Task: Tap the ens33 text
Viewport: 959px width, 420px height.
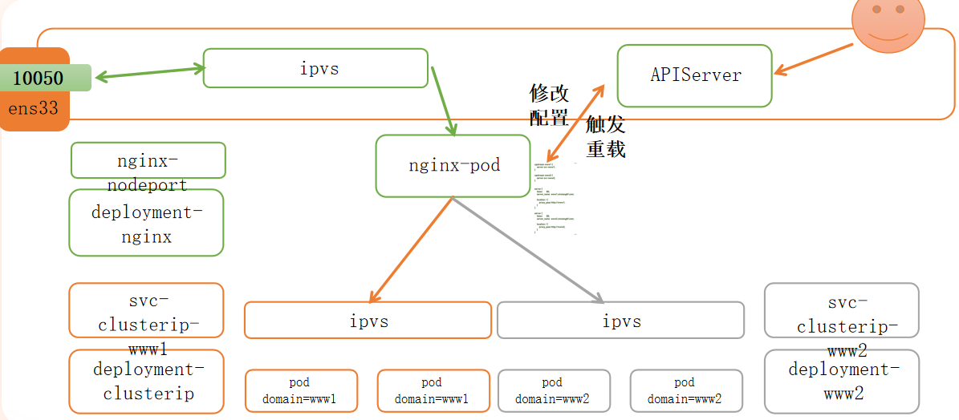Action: (x=34, y=107)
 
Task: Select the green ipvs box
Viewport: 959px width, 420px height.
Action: (x=315, y=68)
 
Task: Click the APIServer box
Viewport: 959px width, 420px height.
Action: (x=694, y=75)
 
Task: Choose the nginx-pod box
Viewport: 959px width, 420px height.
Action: (x=453, y=166)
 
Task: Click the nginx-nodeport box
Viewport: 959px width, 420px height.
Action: (x=148, y=160)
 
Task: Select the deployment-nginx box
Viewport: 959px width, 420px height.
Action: (x=146, y=223)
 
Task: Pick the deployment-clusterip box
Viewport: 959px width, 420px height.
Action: (x=146, y=382)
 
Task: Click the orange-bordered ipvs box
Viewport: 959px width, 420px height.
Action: (x=368, y=321)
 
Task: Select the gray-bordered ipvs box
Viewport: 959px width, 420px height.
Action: (x=620, y=321)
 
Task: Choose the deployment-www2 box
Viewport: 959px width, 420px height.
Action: (x=841, y=382)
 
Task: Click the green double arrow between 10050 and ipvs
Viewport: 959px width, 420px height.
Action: (x=149, y=73)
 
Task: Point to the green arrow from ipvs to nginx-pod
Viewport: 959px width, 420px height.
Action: (x=444, y=101)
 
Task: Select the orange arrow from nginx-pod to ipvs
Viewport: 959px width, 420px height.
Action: (x=411, y=250)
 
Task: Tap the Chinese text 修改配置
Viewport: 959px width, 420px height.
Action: (x=550, y=105)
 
